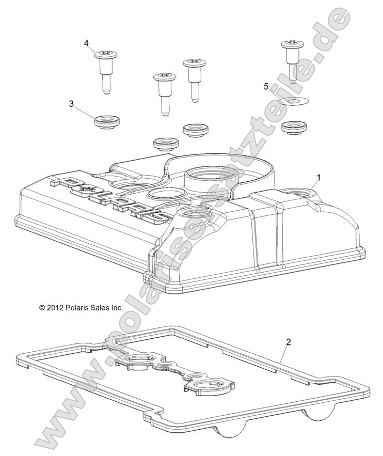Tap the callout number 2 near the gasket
click(288, 342)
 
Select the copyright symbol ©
click(42, 308)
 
